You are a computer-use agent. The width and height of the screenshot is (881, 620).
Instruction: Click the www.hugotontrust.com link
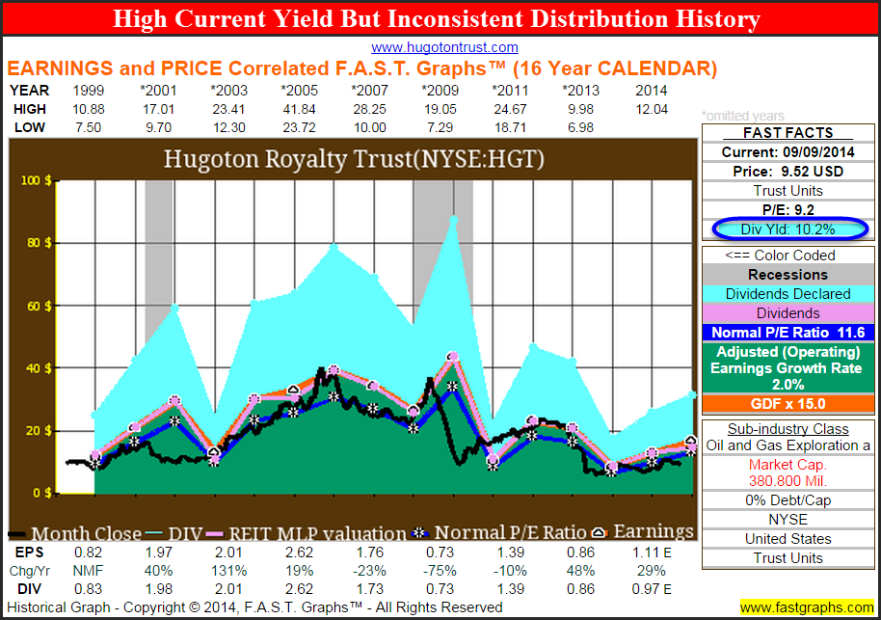(444, 47)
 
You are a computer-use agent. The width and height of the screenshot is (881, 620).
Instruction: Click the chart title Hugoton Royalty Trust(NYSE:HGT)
(354, 159)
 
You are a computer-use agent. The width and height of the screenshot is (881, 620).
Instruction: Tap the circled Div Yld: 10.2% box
(788, 229)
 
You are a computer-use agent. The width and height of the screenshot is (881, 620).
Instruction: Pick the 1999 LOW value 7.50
(90, 128)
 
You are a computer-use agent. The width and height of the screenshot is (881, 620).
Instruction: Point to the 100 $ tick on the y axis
(36, 180)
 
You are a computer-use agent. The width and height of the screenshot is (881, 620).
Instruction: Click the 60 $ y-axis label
(38, 306)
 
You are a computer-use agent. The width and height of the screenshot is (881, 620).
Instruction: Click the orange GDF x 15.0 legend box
(788, 404)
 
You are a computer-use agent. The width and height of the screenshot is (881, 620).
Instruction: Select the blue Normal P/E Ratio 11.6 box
(788, 333)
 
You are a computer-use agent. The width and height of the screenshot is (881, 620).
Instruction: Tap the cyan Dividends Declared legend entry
(788, 294)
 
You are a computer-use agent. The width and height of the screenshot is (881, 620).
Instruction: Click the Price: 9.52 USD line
(788, 172)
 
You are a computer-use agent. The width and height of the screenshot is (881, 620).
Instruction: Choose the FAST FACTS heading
(788, 133)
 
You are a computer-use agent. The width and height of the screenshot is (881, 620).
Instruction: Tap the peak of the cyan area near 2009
(452, 218)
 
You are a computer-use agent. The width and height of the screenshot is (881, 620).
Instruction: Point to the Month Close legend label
(86, 533)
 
